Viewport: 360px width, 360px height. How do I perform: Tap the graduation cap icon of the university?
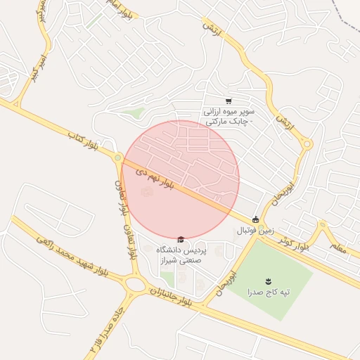181,240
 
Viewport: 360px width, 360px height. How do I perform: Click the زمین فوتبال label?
252,231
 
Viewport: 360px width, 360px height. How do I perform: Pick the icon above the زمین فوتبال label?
255,219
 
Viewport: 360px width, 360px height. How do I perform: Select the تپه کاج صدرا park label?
266,292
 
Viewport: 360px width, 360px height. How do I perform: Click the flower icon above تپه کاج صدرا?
267,281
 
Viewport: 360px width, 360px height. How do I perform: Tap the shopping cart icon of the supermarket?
229,101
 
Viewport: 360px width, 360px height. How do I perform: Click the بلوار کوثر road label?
292,243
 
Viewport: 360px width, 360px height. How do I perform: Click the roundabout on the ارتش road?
307,145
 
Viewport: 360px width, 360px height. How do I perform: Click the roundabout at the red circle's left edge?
119,159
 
